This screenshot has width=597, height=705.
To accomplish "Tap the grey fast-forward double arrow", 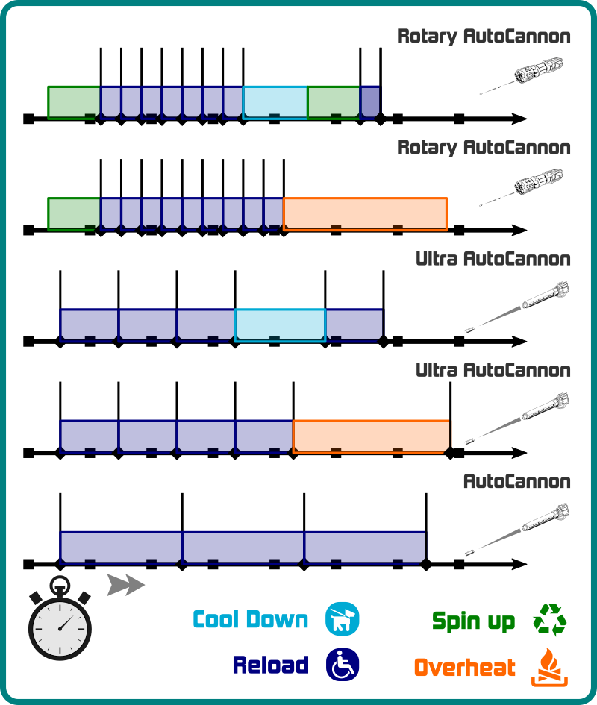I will coord(125,585).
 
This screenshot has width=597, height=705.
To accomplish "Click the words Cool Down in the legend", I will coord(250,620).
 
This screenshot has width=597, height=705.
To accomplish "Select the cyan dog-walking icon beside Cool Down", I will coord(342,619).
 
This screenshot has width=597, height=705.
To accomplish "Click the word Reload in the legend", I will coord(270,665).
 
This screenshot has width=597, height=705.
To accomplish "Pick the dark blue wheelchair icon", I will coord(342,664).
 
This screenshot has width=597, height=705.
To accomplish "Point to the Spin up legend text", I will coord(473,621).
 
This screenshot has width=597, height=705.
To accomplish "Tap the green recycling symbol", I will coord(549,620).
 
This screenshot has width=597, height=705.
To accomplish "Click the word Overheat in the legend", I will coord(464,667).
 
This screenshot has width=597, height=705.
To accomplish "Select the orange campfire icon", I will coord(549,667).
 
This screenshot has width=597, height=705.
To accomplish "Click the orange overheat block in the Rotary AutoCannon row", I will coord(365,214).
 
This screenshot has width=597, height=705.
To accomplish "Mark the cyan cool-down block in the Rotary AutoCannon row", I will coord(275,102).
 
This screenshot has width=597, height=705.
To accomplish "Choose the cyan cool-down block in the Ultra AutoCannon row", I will coord(280,325).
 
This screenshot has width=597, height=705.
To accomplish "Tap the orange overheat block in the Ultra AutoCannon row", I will coord(371,436).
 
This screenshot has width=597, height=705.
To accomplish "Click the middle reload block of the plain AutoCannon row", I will coord(243,547).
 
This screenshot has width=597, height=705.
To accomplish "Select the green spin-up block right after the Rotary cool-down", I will coord(333,102).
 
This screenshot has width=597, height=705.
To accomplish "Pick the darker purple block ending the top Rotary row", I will coord(370,102).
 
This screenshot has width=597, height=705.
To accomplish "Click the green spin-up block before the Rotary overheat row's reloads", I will coord(74,214).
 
